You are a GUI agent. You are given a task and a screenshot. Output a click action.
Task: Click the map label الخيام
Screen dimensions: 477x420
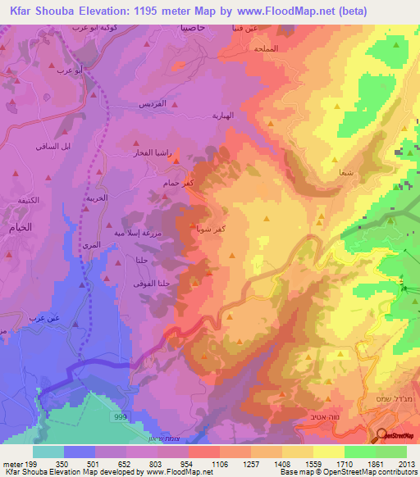(17, 228)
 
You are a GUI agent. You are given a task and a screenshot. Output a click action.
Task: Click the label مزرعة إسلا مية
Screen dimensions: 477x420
(151, 234)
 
